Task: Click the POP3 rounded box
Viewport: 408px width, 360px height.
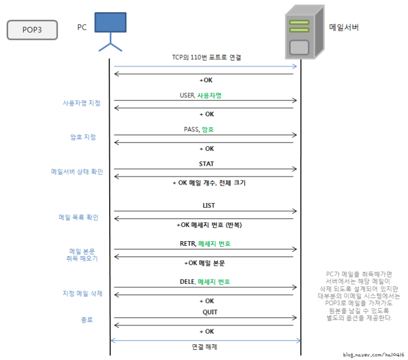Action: click(x=32, y=30)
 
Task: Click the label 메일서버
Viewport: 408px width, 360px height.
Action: click(x=344, y=28)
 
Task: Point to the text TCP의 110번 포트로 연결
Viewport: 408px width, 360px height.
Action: click(x=206, y=58)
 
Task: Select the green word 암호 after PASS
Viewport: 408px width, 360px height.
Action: click(x=208, y=130)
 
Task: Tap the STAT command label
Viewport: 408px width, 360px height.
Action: click(x=206, y=164)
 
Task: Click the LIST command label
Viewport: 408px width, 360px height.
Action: click(x=209, y=205)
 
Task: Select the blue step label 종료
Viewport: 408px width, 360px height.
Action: click(x=87, y=320)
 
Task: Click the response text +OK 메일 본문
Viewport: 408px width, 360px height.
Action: click(x=205, y=263)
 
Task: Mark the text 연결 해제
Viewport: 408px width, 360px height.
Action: click(x=205, y=346)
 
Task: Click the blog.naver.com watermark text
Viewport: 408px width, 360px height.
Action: click(x=373, y=354)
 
